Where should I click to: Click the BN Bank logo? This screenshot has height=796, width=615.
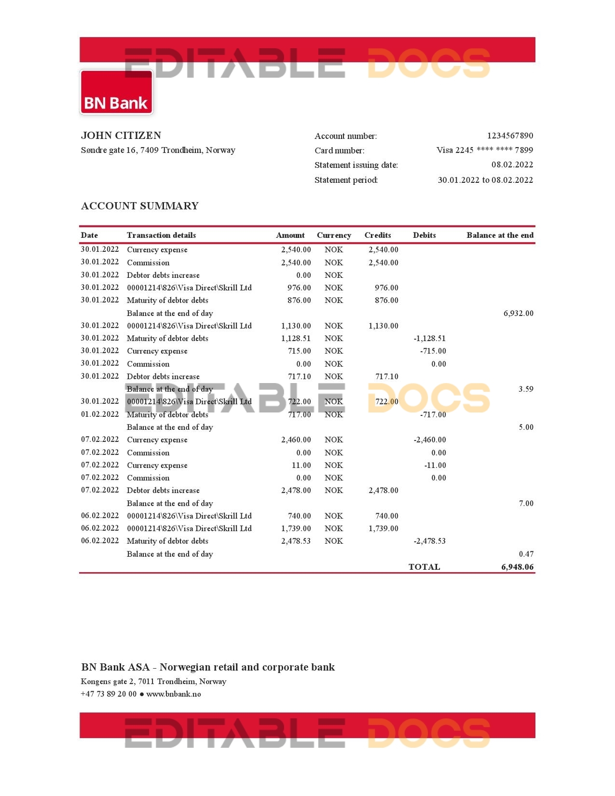pos(116,92)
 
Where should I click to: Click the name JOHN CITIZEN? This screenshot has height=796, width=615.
pos(121,136)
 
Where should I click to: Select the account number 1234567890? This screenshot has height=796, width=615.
pos(510,136)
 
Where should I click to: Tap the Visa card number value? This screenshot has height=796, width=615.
pos(484,150)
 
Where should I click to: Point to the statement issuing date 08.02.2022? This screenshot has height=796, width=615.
pos(512,165)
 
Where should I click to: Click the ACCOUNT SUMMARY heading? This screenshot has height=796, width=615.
pos(140,206)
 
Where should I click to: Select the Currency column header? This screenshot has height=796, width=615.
pos(334,235)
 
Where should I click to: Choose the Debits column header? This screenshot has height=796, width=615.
pos(424,235)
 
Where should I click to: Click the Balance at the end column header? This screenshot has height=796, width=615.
pos(500,235)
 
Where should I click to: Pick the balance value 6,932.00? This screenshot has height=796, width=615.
pos(519,314)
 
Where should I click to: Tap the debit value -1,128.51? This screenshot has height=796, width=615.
pos(429,339)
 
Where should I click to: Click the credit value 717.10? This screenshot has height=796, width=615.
pos(386,376)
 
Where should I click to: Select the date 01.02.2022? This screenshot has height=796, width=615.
pos(100,414)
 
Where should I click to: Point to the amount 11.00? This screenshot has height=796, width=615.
pos(301,465)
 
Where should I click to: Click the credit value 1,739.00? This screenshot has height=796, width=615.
pos(383,528)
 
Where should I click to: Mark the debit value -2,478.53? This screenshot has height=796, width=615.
pos(429,541)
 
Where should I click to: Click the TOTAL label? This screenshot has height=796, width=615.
pos(424,567)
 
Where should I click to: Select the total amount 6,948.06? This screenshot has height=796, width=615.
pos(517,567)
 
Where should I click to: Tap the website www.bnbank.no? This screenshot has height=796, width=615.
pos(174,694)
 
